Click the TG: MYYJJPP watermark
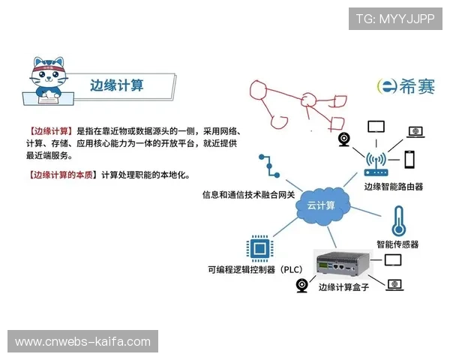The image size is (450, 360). pos(395,19)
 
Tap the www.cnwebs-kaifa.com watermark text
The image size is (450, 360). pos(83,342)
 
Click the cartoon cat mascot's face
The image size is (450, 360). pos(49,70)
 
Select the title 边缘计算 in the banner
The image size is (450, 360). pos(116,85)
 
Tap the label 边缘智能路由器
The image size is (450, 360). pos(393,186)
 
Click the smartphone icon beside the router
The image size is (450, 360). pos(410,160)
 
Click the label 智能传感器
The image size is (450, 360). pos(397,244)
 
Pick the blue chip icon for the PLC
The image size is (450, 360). pos(259,247)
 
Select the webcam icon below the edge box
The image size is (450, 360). pos(302,285)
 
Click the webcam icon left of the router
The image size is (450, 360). pos(346,139)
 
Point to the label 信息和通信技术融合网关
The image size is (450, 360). pos(248,194)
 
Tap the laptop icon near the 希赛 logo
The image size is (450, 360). pos(415,131)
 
